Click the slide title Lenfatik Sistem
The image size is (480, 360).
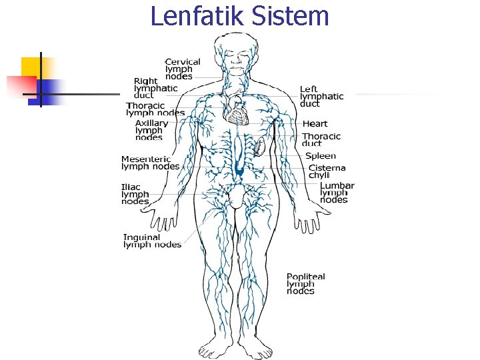click(x=240, y=16)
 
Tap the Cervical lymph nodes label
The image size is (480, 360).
click(x=183, y=69)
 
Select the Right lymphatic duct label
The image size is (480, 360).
click(x=155, y=88)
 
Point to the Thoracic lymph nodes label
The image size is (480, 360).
click(x=155, y=109)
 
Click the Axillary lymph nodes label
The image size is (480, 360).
click(x=151, y=130)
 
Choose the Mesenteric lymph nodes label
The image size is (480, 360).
click(x=150, y=163)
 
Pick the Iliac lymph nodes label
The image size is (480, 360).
click(x=135, y=194)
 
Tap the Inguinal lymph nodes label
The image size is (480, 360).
click(x=152, y=241)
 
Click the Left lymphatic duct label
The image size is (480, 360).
click(x=321, y=96)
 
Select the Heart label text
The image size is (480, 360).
click(x=315, y=123)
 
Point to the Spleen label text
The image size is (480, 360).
click(x=321, y=156)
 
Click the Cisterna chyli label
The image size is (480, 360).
click(x=327, y=171)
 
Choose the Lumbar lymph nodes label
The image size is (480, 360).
click(x=337, y=193)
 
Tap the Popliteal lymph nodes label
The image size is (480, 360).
click(x=305, y=283)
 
